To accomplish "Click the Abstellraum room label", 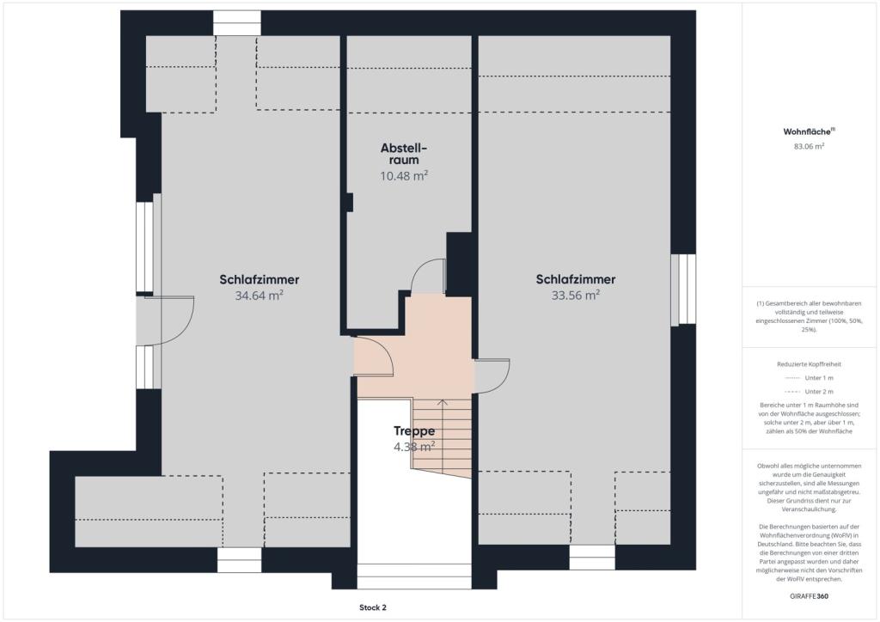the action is tap(404, 154).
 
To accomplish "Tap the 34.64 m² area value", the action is tap(259, 296).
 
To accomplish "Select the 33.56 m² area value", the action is tap(575, 295).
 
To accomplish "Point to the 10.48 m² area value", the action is tap(404, 176).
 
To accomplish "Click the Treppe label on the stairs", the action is tap(414, 430).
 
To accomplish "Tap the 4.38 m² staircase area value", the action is tap(414, 447).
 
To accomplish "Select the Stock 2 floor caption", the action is tap(373, 607).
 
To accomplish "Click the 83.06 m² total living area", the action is tap(809, 146).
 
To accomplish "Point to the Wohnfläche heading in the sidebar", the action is tap(809, 131).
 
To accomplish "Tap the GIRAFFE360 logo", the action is tap(809, 596).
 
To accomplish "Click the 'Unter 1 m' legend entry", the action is tap(809, 378).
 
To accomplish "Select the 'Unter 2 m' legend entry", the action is tap(809, 392).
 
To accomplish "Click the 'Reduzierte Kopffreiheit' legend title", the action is tap(809, 364).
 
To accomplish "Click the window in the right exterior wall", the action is tap(683, 290).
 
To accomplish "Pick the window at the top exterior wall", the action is tap(237, 23).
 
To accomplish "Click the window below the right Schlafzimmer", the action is tap(592, 558).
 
